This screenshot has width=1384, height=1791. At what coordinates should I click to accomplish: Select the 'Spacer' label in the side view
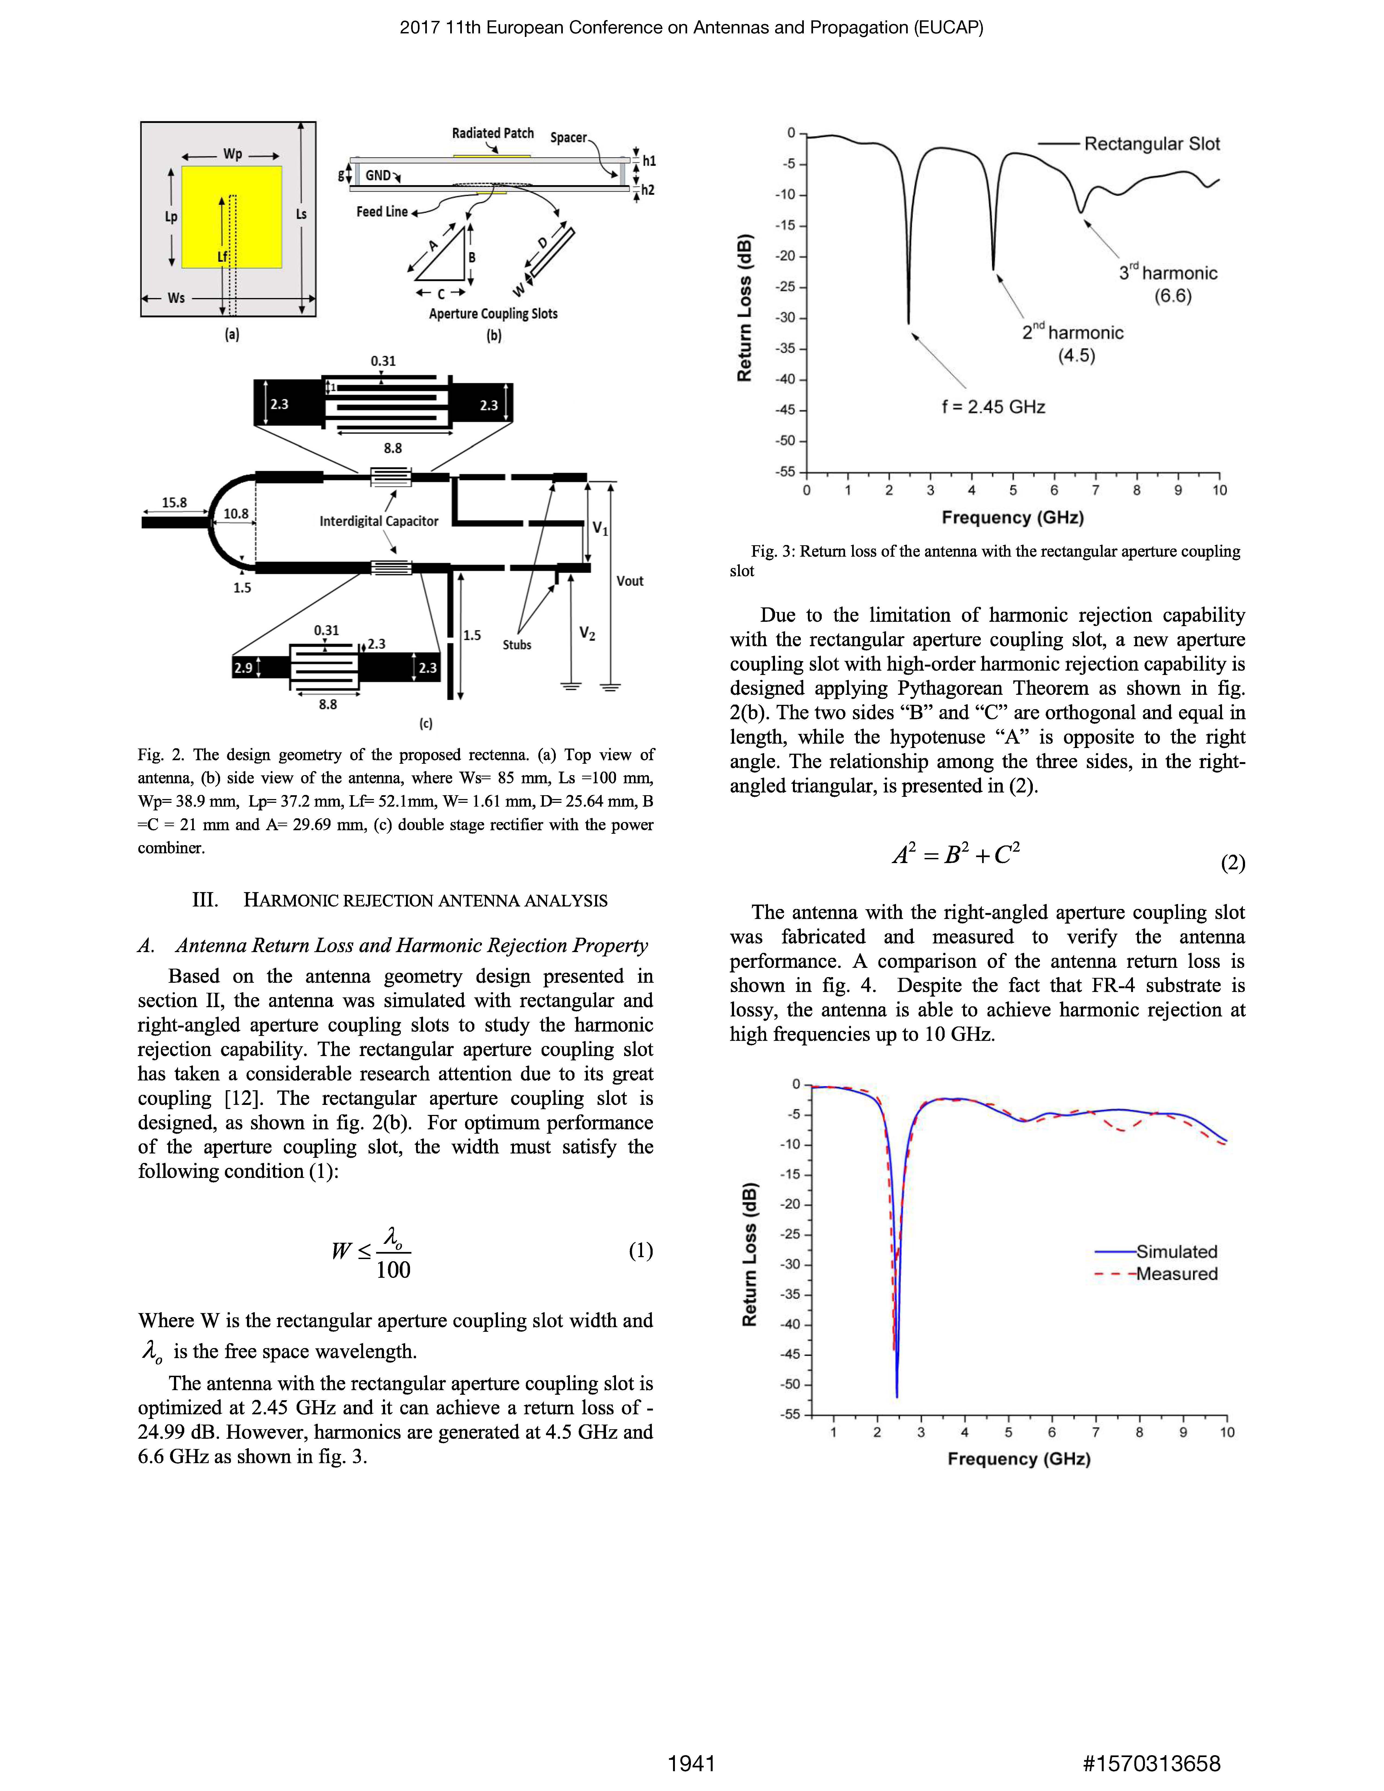pos(568,137)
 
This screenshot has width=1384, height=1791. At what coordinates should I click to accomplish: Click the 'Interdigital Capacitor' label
pos(379,521)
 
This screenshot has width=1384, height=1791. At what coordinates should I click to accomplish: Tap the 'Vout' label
pos(630,581)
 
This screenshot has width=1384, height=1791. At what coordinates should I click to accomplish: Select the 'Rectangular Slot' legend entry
pos(1151,144)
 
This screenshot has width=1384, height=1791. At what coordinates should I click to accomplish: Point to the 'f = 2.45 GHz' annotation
pos(993,407)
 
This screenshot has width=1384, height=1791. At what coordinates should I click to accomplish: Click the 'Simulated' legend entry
pos(1176,1251)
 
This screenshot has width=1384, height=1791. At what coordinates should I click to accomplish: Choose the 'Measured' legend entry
pos(1176,1273)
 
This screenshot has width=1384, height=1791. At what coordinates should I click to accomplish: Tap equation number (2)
pos(1232,863)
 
